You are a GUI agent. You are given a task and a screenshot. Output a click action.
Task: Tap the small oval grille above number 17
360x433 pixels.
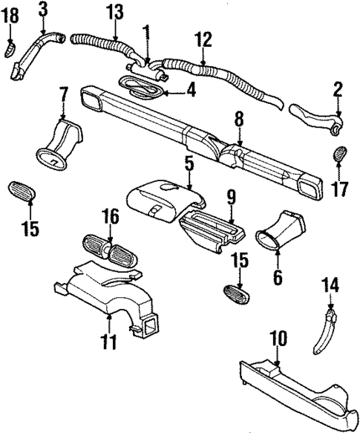click(x=338, y=156)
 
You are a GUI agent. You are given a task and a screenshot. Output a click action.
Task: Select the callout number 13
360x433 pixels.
click(x=114, y=12)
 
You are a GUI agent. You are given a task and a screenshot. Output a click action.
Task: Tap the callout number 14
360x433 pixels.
click(x=331, y=284)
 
